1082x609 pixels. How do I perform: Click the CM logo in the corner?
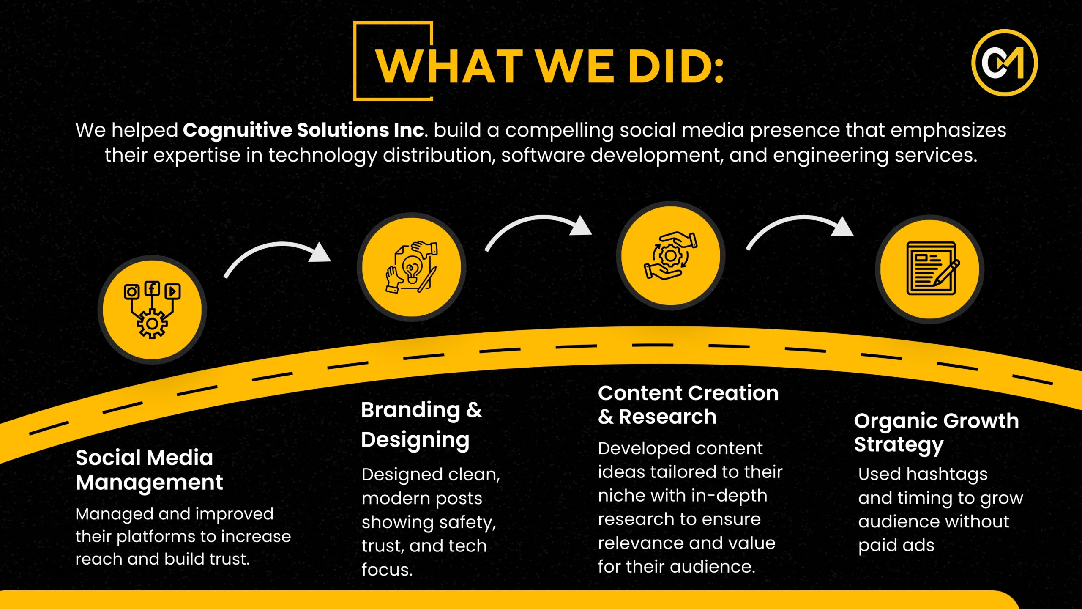(x=1004, y=63)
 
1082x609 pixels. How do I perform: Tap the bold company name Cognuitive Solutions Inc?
(x=303, y=130)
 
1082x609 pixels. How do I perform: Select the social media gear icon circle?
(x=152, y=310)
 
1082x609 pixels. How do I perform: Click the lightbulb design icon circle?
(x=412, y=267)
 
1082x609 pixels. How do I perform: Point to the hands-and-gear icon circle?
(x=671, y=255)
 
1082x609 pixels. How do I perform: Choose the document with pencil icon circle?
(x=930, y=269)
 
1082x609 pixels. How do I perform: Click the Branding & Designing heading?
(x=421, y=425)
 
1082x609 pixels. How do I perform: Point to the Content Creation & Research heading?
(x=688, y=405)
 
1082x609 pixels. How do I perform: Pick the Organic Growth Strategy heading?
(x=937, y=433)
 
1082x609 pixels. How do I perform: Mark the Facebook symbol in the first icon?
(x=152, y=288)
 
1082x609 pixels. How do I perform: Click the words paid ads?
(x=896, y=546)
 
